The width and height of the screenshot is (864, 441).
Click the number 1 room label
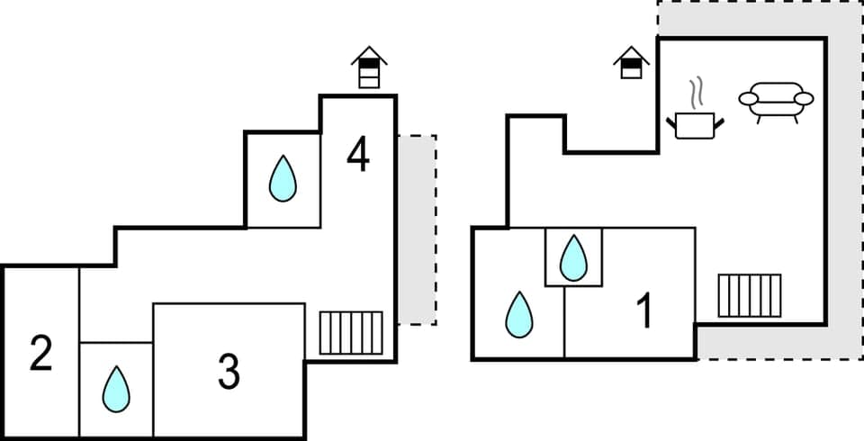(644, 311)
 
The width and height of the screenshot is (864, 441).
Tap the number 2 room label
(40, 354)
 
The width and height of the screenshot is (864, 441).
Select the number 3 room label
(229, 371)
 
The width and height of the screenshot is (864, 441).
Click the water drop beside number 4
(283, 179)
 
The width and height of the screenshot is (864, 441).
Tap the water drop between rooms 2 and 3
(116, 389)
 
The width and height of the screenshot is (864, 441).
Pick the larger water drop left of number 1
(518, 314)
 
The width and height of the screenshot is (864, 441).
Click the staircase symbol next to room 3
(351, 332)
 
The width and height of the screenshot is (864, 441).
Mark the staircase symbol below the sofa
(749, 296)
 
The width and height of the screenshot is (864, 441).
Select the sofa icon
(776, 101)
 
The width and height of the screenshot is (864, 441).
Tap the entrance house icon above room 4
(369, 67)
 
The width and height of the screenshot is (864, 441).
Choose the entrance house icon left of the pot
(632, 62)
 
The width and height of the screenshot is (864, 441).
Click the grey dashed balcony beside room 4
(417, 229)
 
